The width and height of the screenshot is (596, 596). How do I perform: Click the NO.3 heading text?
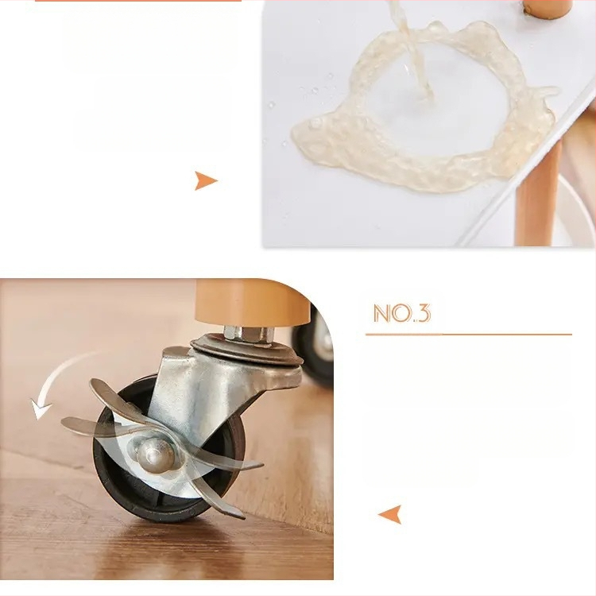pyautogui.click(x=402, y=313)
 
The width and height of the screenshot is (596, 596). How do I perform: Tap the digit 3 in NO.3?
pyautogui.click(x=424, y=313)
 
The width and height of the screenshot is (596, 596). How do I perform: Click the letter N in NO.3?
pyautogui.click(x=381, y=313)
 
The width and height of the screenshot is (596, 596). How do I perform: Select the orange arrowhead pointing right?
pyautogui.click(x=206, y=180)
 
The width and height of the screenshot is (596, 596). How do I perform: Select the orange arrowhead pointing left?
pyautogui.click(x=390, y=514)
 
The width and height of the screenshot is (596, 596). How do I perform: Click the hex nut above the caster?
pyautogui.click(x=249, y=333)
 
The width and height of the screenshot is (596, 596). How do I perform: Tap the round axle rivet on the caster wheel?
pyautogui.click(x=154, y=455)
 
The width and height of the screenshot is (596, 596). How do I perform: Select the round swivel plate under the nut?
pyautogui.click(x=247, y=350)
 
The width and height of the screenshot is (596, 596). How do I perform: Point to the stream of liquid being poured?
pyautogui.click(x=412, y=49)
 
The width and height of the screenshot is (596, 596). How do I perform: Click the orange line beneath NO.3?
pyautogui.click(x=469, y=335)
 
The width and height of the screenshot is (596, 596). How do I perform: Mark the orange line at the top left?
pyautogui.click(x=138, y=0)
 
